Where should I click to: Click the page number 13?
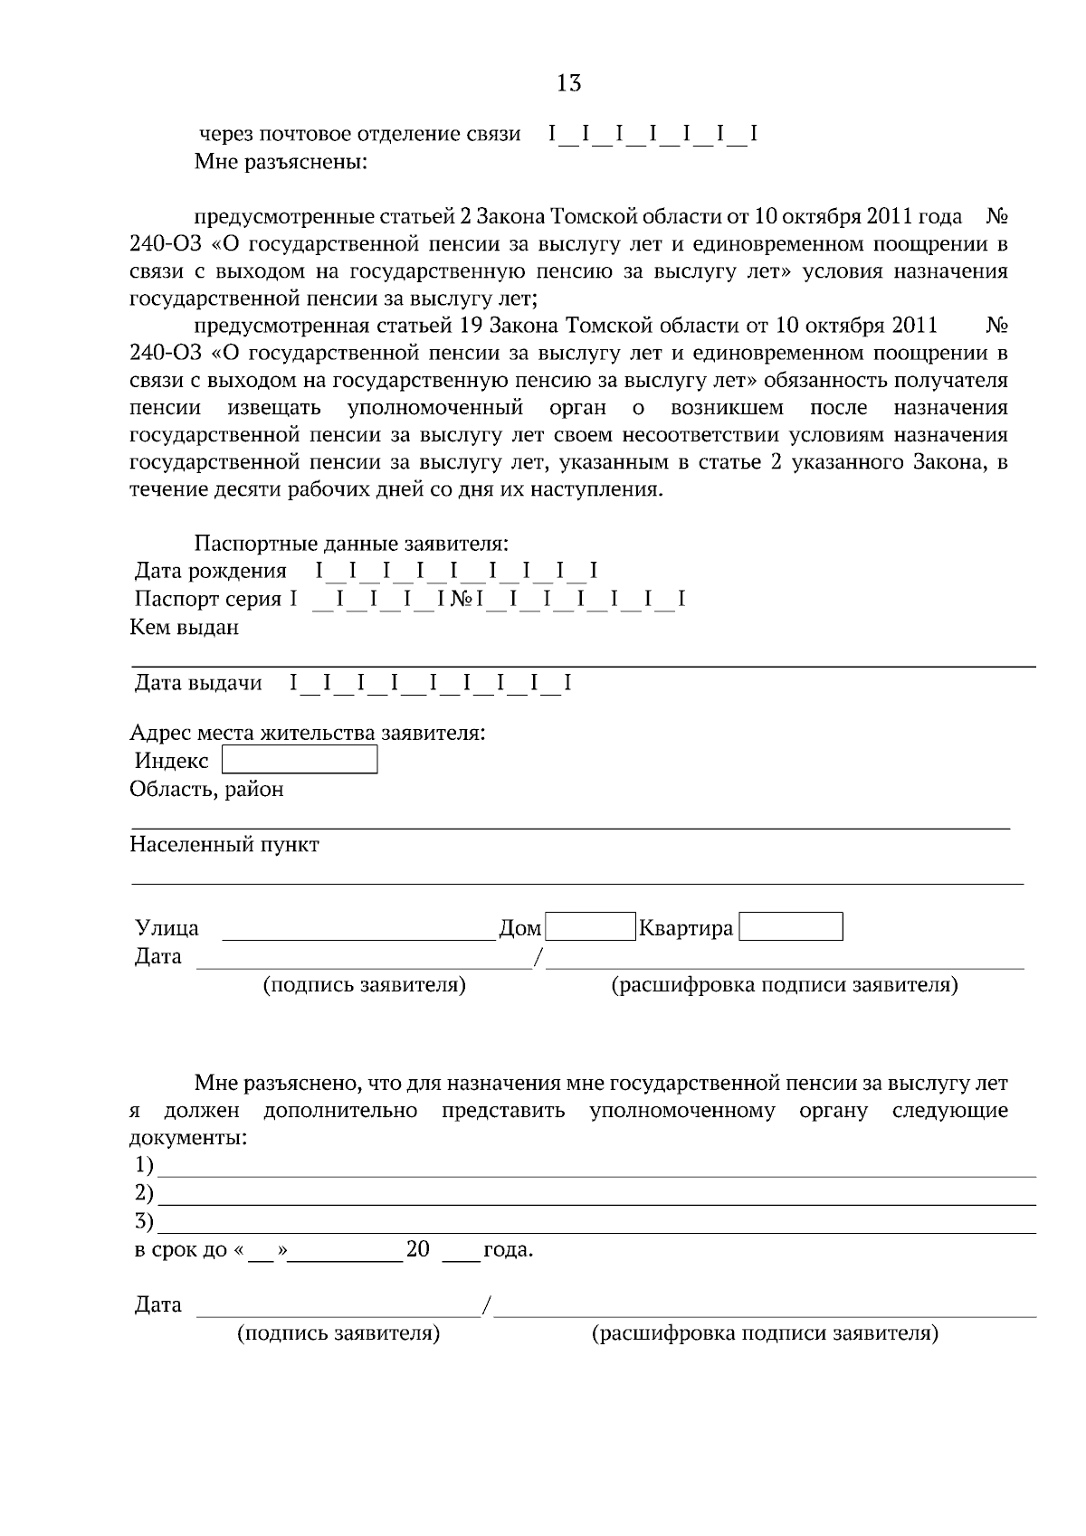[x=568, y=84]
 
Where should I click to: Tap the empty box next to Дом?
[x=590, y=927]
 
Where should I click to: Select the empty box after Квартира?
[x=791, y=927]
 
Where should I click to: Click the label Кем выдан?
[x=185, y=627]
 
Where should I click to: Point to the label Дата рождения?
[x=211, y=571]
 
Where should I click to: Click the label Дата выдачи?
[x=198, y=683]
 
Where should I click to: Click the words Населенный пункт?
[x=224, y=845]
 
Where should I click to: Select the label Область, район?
[x=206, y=789]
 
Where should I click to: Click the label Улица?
[x=167, y=928]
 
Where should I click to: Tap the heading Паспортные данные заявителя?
[x=351, y=544]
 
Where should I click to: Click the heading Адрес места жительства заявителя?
[x=308, y=732]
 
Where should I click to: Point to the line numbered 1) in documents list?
[x=597, y=1169]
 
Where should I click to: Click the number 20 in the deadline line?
[x=418, y=1250]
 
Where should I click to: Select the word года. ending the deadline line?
[x=508, y=1251]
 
